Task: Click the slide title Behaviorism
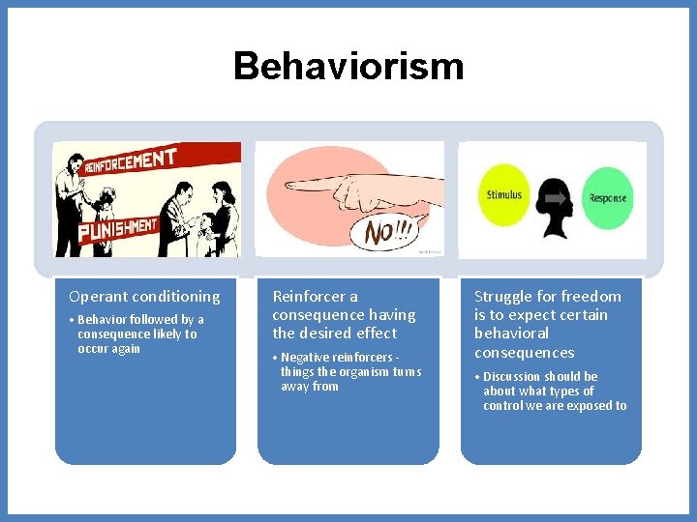pos(348,67)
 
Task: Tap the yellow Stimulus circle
pos(504,195)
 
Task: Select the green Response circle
pos(607,198)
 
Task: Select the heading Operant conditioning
pos(144,297)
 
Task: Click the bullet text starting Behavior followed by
pos(140,333)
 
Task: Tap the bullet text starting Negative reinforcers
pos(350,371)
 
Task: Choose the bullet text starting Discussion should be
pos(554,391)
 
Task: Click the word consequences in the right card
pos(524,353)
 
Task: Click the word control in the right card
pos(503,406)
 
